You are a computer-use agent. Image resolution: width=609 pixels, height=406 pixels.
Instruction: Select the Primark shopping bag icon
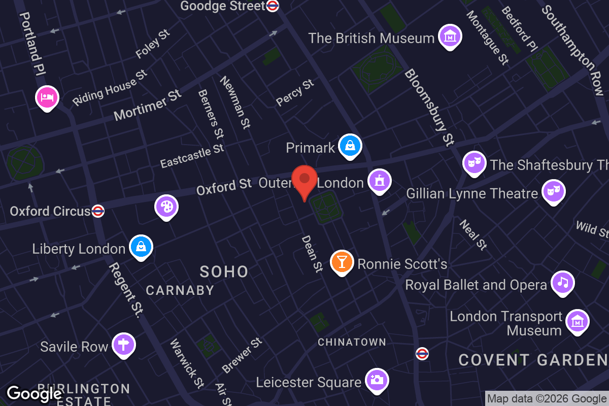point(350,146)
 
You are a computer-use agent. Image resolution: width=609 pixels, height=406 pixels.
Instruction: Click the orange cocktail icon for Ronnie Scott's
point(342,262)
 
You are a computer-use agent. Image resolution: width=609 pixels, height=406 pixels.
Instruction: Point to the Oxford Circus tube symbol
point(98,211)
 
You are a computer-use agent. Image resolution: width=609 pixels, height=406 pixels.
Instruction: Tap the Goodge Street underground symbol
point(273,6)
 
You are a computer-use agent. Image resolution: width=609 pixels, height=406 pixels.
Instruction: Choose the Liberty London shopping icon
point(141,247)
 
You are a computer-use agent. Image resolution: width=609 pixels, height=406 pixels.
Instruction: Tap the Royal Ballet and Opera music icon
point(562,283)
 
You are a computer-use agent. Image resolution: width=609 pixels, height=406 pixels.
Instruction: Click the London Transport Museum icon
point(577,321)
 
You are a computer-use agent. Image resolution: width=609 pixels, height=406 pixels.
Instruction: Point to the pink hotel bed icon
point(47,96)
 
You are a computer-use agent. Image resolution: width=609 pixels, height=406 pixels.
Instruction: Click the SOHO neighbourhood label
point(224,272)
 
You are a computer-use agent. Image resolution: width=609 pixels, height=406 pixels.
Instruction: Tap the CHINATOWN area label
point(352,343)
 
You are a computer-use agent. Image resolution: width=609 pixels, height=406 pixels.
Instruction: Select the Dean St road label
point(312,253)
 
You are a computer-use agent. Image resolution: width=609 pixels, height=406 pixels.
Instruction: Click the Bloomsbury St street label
point(429,108)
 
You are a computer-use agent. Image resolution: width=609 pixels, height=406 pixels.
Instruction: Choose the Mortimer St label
point(147,106)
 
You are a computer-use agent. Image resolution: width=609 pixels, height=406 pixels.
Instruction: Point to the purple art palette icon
point(166,207)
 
